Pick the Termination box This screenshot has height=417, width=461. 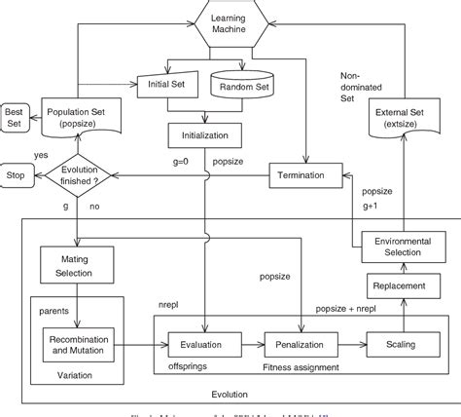tap(307, 174)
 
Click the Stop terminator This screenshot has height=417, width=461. tap(17, 175)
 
